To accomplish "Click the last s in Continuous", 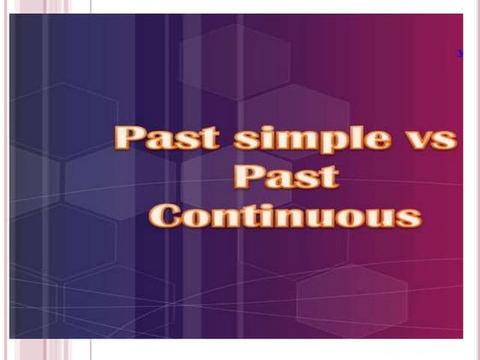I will pos(410,216).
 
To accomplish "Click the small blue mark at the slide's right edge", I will pos(461,54).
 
